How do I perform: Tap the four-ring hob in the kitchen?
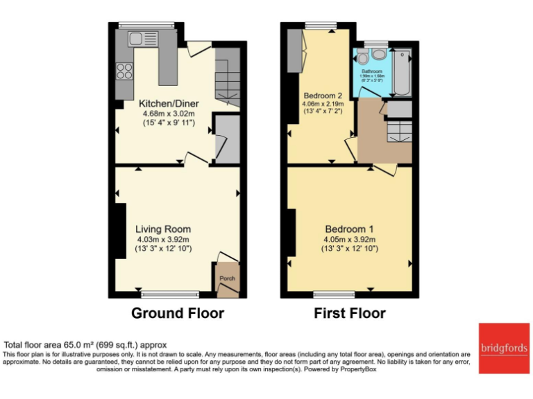[124, 70]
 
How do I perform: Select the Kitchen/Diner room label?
[164, 103]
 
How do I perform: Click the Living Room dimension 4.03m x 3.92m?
[163, 240]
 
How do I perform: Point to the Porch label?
[227, 278]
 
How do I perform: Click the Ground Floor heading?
[178, 313]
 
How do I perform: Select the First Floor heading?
[350, 313]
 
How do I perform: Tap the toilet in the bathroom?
[378, 55]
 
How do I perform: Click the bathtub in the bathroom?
[402, 71]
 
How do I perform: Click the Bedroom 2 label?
[320, 95]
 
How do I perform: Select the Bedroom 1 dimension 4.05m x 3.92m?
[349, 240]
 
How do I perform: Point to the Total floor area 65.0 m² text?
[85, 344]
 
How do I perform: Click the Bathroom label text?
[372, 71]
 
